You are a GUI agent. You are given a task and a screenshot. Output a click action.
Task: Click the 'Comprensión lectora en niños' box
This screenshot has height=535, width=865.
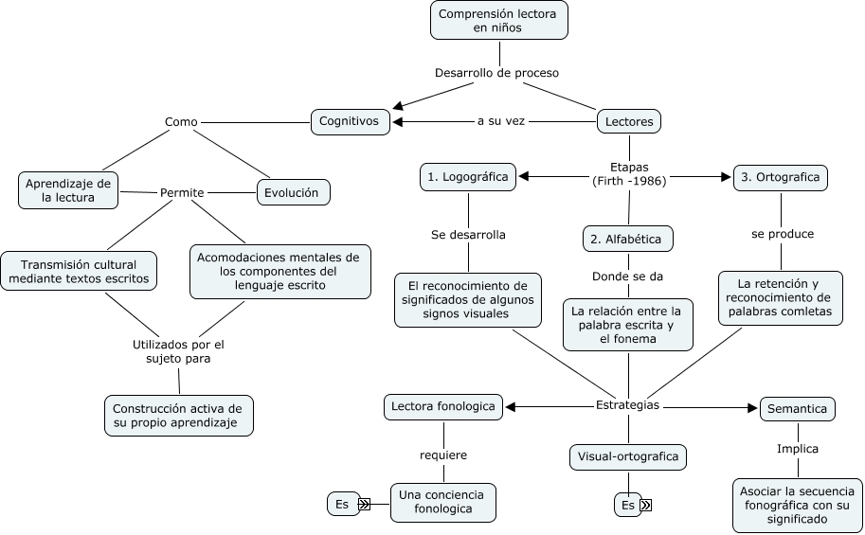click(x=498, y=20)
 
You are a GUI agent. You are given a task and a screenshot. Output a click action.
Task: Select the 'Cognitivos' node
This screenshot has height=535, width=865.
click(x=350, y=121)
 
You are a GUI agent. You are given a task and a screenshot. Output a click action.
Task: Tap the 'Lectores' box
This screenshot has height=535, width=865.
click(x=629, y=121)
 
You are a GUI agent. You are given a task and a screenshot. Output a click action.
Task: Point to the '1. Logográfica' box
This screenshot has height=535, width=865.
click(x=468, y=176)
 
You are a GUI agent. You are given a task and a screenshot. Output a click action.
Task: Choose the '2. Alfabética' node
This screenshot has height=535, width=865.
click(x=627, y=239)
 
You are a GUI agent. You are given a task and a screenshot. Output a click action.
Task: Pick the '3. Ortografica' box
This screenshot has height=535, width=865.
click(x=781, y=176)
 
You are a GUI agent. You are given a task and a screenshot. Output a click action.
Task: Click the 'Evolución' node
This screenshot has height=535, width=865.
click(x=293, y=191)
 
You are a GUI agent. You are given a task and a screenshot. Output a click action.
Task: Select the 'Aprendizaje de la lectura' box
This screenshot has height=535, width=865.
click(x=68, y=190)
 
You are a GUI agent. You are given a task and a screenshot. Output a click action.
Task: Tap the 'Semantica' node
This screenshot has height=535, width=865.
click(x=797, y=409)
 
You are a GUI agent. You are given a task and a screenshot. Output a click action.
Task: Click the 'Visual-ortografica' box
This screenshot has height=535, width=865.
click(x=628, y=456)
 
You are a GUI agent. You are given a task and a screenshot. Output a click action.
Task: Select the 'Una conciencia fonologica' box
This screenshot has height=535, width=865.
click(x=442, y=502)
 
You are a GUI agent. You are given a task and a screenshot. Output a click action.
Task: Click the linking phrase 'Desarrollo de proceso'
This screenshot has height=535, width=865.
click(x=496, y=73)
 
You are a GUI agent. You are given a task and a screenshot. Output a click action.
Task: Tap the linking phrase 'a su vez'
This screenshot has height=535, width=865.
click(x=501, y=121)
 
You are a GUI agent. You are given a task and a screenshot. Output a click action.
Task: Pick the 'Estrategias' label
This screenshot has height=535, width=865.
click(x=627, y=405)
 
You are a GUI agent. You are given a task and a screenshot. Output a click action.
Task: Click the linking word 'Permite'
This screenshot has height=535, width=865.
click(x=182, y=192)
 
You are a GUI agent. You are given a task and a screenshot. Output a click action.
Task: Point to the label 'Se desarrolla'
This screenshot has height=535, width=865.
click(x=468, y=234)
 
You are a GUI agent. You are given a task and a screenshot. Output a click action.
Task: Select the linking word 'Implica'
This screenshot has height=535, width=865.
click(x=797, y=449)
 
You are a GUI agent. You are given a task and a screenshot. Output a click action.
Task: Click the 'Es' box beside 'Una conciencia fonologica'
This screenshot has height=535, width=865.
click(x=342, y=505)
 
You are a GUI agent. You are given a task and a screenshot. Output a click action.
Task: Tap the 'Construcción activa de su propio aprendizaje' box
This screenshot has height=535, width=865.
click(x=178, y=416)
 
